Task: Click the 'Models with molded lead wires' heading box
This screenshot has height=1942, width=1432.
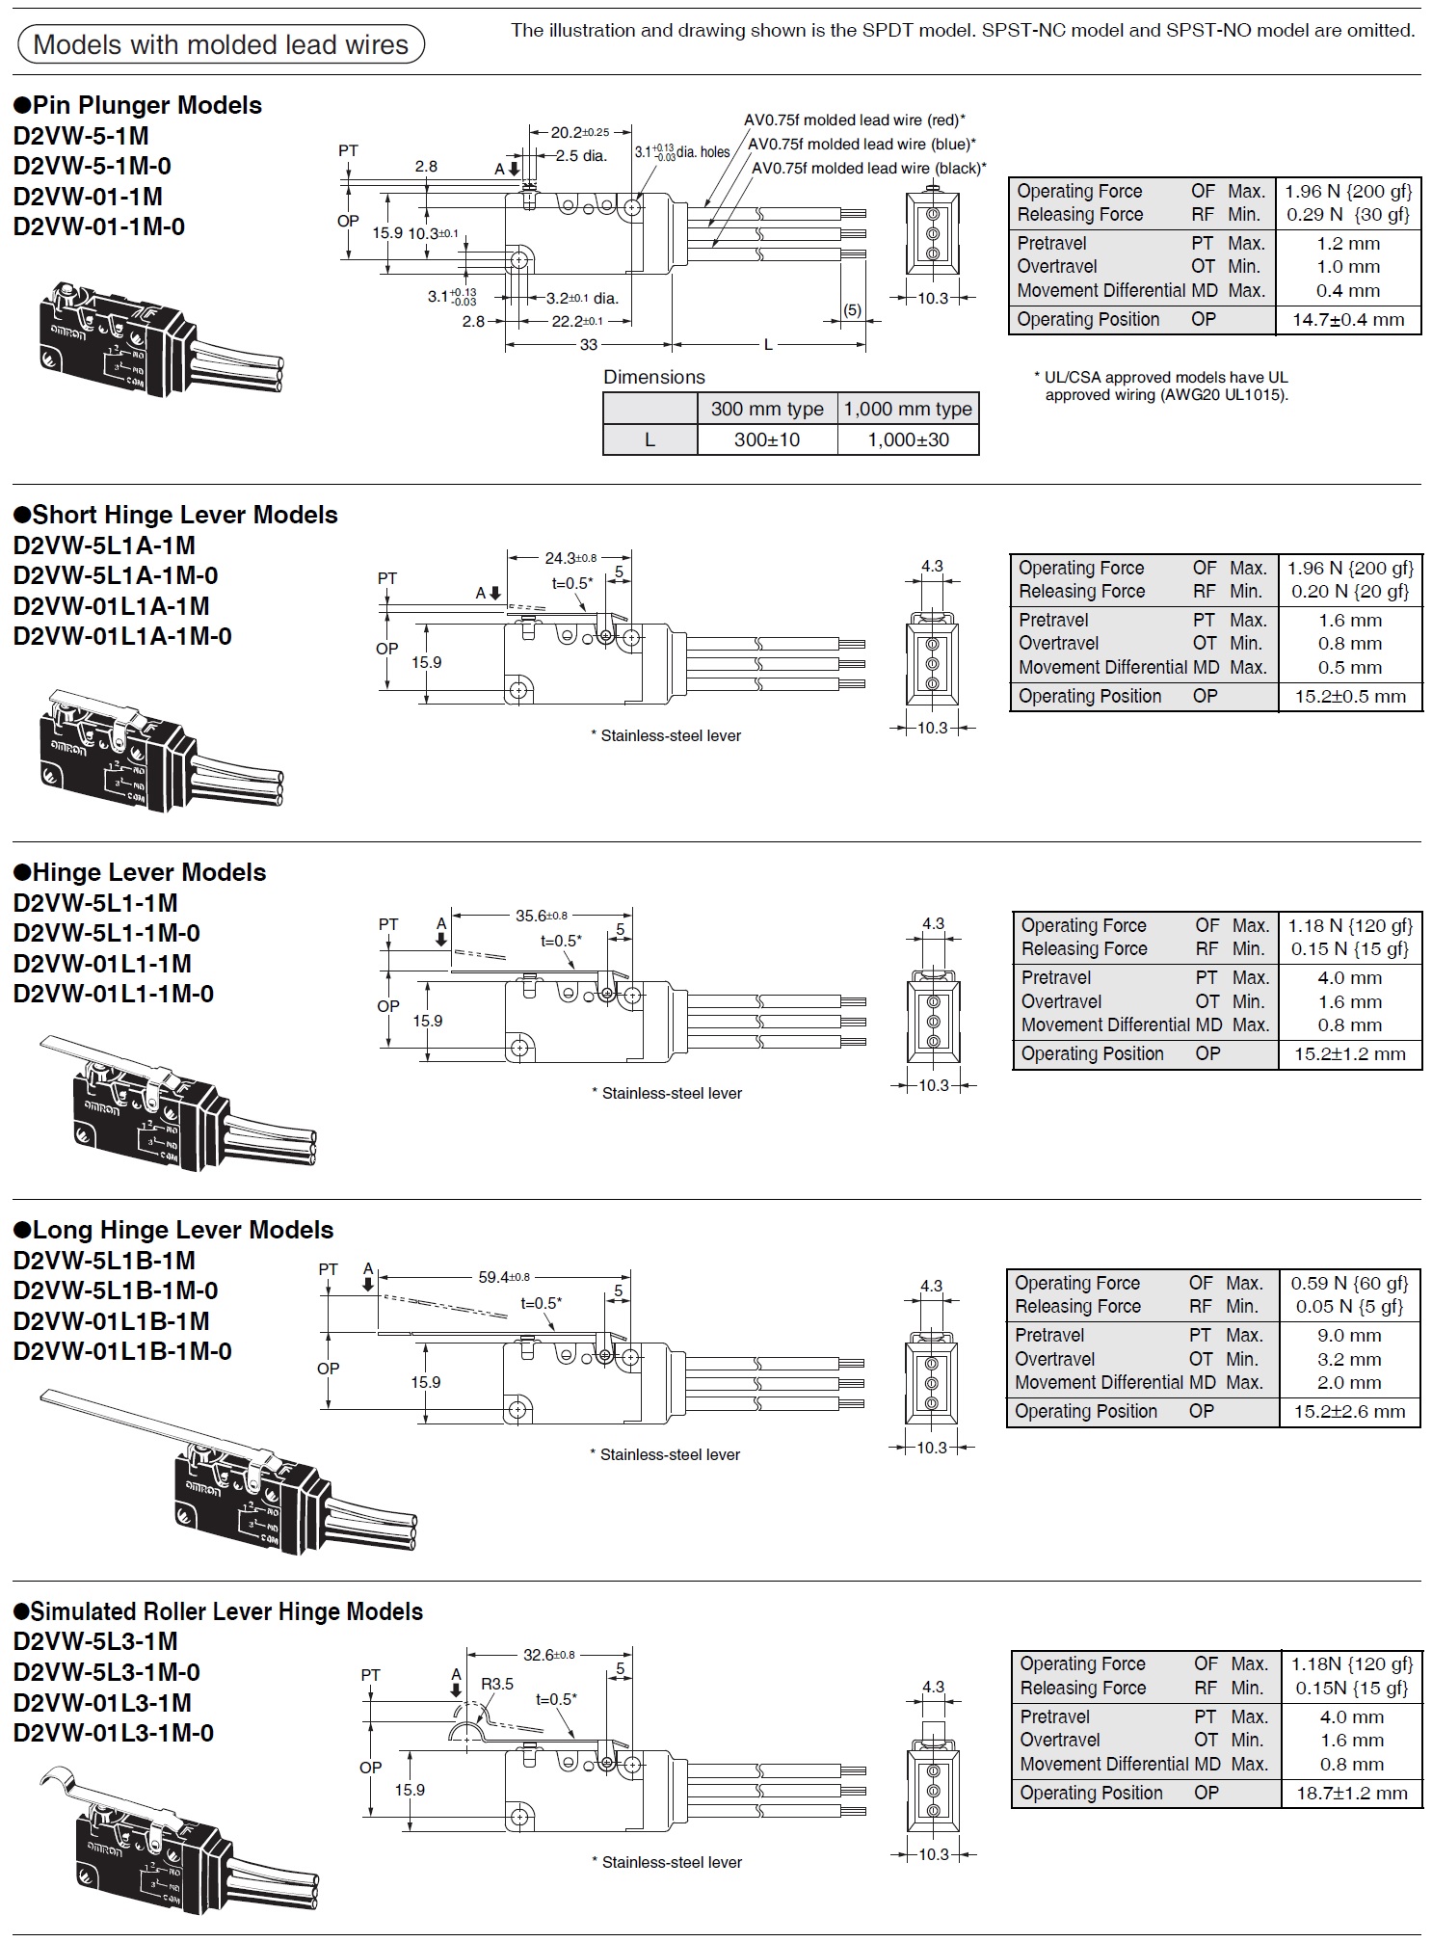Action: [221, 44]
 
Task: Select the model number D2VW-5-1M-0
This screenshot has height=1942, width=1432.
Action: [93, 166]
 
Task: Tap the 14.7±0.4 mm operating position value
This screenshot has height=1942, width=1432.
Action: [1348, 320]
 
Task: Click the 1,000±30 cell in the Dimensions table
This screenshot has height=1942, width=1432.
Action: [909, 439]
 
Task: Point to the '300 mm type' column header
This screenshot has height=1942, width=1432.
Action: [767, 409]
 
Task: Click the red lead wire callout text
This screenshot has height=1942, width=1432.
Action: [855, 120]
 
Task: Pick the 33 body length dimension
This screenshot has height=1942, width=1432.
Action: [588, 344]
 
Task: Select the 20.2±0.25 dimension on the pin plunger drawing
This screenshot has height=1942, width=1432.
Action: [579, 132]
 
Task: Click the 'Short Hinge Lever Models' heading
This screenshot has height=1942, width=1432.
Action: [175, 515]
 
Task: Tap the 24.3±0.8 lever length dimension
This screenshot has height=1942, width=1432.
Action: [570, 558]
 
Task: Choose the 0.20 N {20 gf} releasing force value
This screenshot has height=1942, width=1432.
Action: [1350, 592]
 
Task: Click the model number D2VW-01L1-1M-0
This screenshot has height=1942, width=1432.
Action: [114, 994]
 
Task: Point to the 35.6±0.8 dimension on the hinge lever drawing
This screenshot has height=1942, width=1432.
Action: [542, 916]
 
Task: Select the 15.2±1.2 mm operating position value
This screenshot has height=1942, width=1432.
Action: [1350, 1053]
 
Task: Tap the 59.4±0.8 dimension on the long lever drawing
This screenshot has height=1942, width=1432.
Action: [504, 1277]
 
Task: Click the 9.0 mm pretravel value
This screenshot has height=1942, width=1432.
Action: [1349, 1336]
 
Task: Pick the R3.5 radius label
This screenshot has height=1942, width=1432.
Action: [497, 1684]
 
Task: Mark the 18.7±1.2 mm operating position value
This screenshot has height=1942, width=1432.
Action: [1351, 1794]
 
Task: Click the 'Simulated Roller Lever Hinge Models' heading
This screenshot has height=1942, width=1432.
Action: [218, 1611]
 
